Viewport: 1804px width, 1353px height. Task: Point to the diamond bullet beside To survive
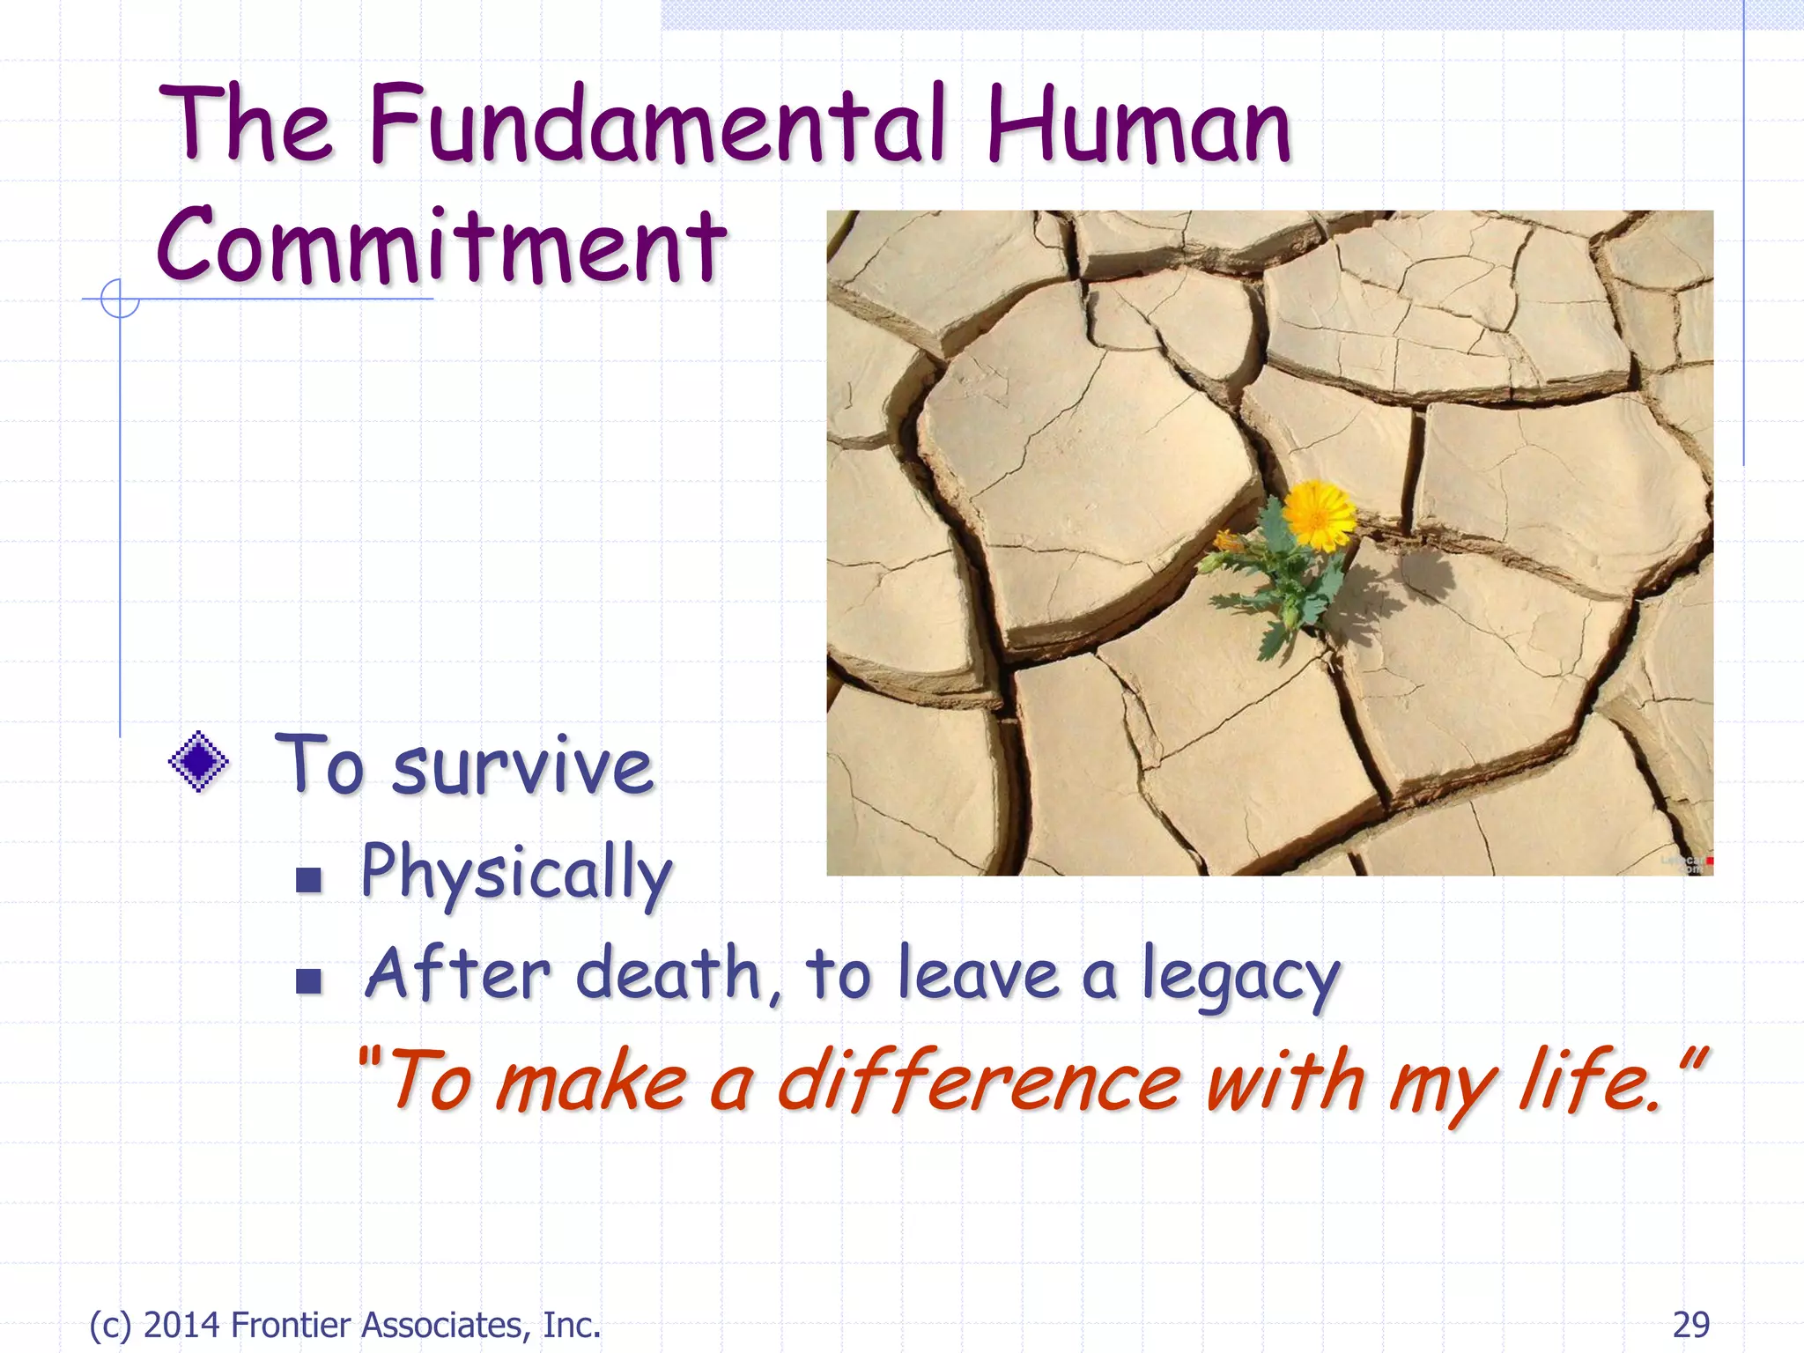(x=199, y=761)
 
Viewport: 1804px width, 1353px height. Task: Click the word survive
(x=521, y=766)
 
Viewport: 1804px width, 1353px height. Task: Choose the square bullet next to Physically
(x=308, y=879)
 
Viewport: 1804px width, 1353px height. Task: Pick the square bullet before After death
(x=308, y=980)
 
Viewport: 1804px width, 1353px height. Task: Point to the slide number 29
(x=1690, y=1324)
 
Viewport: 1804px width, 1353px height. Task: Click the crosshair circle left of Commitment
(x=120, y=299)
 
